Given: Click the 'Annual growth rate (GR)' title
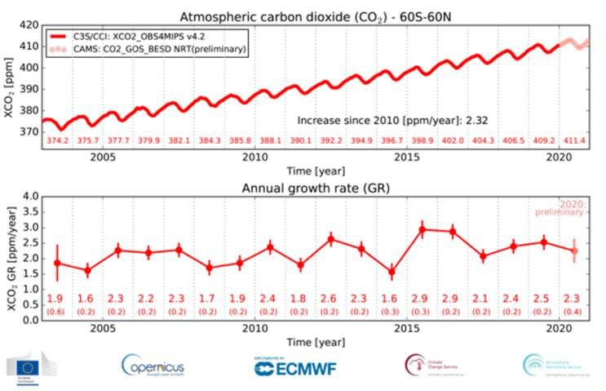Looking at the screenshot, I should click(x=314, y=187).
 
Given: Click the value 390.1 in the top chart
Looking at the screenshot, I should click(x=300, y=140).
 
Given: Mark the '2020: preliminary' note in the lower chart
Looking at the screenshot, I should click(x=568, y=207).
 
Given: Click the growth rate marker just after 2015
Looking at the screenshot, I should click(x=422, y=229).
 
